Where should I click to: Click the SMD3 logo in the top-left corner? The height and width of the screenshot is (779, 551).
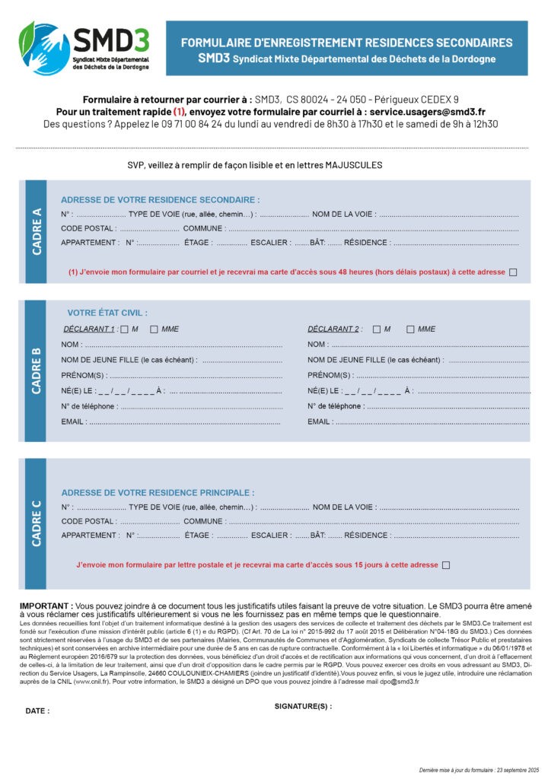click(x=84, y=47)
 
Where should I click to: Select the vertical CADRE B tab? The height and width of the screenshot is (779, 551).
click(x=36, y=370)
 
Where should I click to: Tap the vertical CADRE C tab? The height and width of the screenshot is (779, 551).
click(x=36, y=523)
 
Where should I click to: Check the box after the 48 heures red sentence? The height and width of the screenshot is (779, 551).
click(x=513, y=272)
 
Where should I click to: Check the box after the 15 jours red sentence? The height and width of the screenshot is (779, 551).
click(x=446, y=565)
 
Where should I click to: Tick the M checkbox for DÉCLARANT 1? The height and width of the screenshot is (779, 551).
click(x=124, y=329)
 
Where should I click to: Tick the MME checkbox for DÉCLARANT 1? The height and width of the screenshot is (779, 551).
click(x=154, y=329)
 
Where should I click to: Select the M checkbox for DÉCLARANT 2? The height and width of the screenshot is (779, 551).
click(x=376, y=329)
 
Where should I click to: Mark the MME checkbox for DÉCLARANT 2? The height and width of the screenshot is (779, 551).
click(x=410, y=329)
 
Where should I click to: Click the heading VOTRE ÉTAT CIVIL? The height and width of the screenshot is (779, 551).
click(x=107, y=313)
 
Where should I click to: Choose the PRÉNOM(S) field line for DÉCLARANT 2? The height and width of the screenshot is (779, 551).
click(x=441, y=376)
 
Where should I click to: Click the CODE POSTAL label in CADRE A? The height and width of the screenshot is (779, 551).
click(x=88, y=228)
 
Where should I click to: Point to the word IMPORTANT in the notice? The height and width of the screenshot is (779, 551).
click(x=46, y=606)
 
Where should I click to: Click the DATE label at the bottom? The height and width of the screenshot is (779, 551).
click(x=37, y=711)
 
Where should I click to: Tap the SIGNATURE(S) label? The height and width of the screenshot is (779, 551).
click(x=303, y=706)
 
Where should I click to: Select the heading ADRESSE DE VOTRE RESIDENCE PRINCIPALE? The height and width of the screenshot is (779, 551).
click(x=158, y=493)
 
